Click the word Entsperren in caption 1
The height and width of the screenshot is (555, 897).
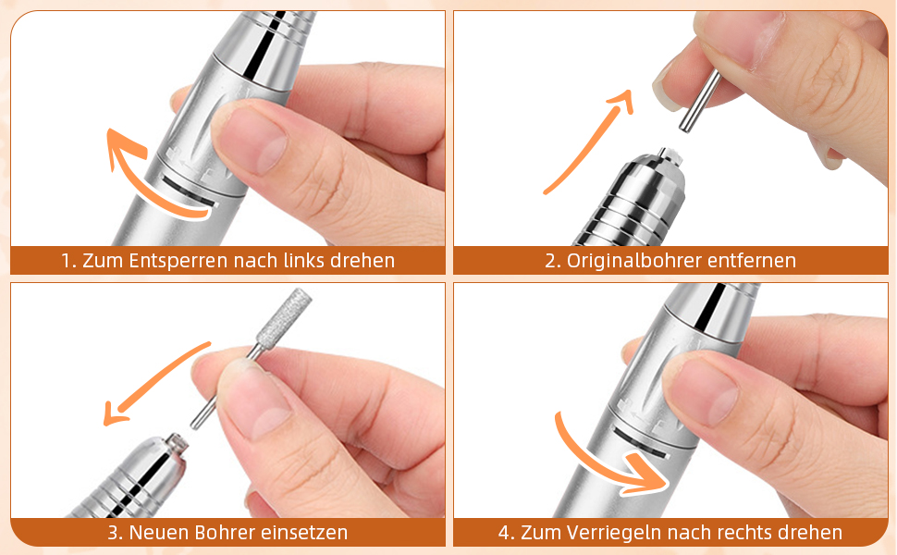point(179,261)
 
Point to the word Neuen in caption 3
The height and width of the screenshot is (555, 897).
point(160,533)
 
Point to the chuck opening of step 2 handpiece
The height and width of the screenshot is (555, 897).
point(669,154)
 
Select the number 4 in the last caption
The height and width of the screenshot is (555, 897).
point(503,533)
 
